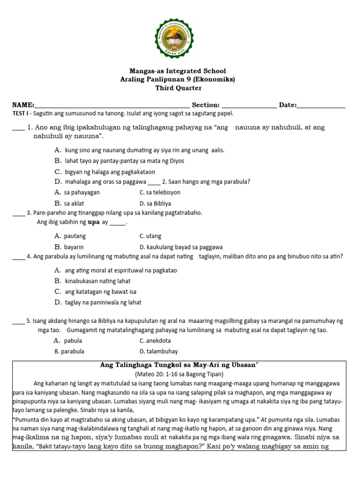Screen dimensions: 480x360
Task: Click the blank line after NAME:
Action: click(112, 105)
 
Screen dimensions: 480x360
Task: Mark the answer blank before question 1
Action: click(18, 127)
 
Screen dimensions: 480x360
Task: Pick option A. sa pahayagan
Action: click(77, 192)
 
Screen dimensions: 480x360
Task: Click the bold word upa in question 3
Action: click(94, 222)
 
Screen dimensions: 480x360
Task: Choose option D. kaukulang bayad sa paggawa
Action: click(181, 247)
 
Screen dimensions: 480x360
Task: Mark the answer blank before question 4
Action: click(19, 256)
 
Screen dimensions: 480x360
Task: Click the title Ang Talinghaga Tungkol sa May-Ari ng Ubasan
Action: click(180, 365)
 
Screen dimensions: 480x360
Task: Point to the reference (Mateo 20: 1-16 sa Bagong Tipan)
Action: click(179, 374)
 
